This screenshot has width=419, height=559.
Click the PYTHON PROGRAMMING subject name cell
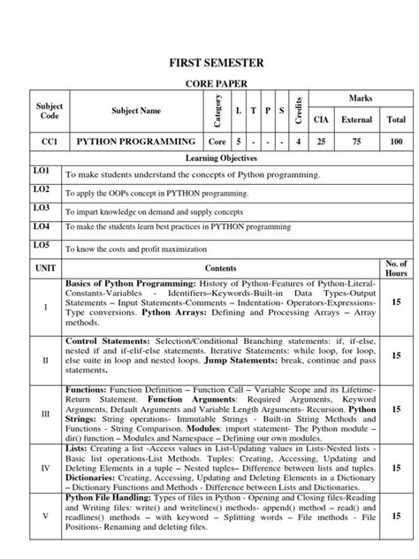(x=136, y=142)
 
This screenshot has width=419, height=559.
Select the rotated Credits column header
(x=301, y=113)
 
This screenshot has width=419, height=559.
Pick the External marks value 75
(x=357, y=142)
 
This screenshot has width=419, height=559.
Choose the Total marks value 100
(x=396, y=142)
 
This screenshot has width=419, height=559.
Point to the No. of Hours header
(x=396, y=266)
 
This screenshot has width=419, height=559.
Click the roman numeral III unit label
(x=45, y=413)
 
